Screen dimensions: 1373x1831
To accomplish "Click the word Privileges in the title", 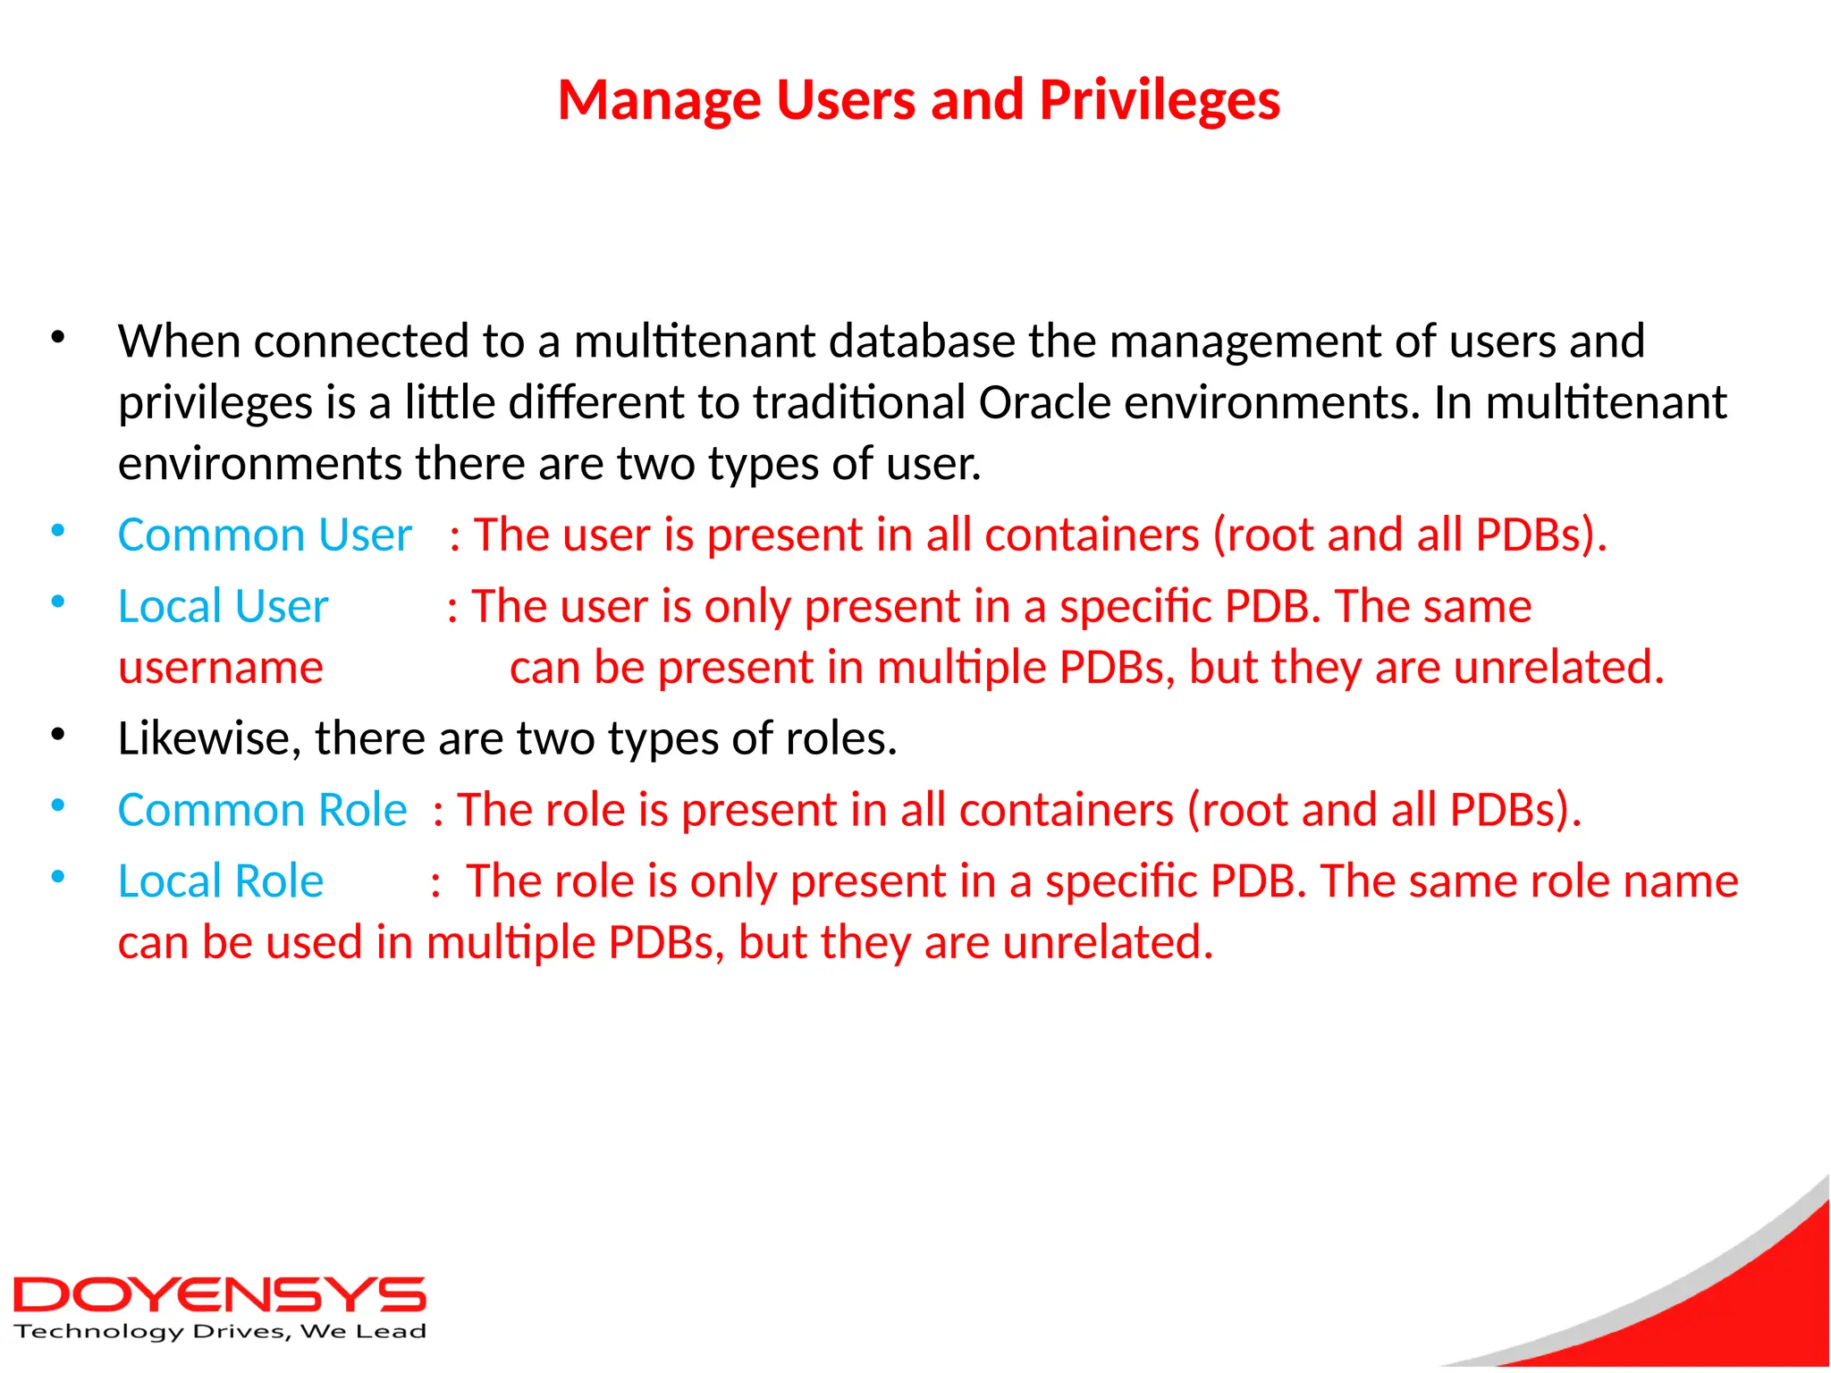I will tap(1160, 100).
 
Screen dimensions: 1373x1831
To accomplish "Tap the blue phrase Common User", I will tap(265, 535).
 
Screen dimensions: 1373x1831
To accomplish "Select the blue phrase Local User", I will tap(224, 606).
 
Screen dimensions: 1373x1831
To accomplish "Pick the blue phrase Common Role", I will tap(262, 810).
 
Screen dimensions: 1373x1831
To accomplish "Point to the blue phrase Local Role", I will tap(221, 881).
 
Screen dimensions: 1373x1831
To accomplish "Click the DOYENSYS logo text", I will tap(220, 1295).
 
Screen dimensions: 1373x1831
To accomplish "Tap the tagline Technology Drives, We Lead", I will tap(220, 1332).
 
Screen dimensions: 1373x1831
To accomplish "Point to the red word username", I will tap(221, 667).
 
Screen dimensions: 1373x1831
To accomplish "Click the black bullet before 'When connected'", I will tap(58, 339).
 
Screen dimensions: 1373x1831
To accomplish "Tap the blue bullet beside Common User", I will tap(58, 532).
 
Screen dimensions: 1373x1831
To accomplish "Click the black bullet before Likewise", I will tap(58, 736).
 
